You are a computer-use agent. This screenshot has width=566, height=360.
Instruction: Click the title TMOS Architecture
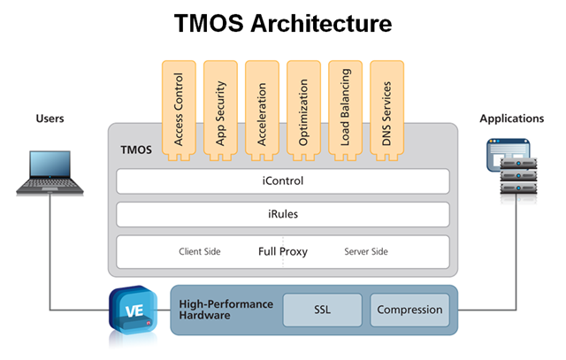click(284, 24)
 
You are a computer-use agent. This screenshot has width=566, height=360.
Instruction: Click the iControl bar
click(283, 181)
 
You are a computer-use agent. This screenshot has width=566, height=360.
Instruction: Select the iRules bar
click(283, 215)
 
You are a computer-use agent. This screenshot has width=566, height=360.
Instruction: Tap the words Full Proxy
click(283, 251)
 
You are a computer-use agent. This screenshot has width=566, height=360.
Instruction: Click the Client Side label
click(200, 252)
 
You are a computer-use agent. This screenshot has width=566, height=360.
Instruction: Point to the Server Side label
click(366, 252)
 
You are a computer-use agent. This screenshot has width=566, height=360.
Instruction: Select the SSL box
click(322, 310)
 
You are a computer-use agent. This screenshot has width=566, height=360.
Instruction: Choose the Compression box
click(409, 310)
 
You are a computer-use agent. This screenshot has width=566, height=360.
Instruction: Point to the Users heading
click(51, 118)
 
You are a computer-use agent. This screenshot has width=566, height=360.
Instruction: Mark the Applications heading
click(513, 118)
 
